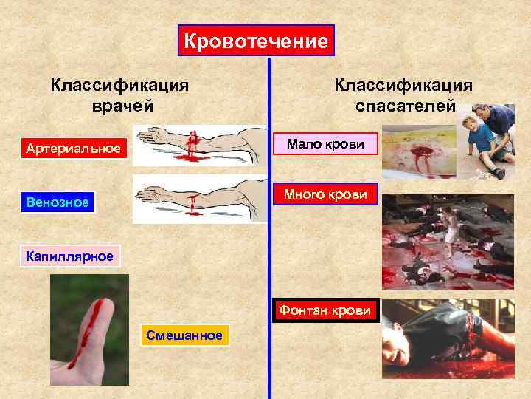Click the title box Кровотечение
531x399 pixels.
point(256,41)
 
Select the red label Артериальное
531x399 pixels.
point(72,149)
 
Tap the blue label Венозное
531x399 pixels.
point(57,202)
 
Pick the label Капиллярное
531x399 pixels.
point(69,256)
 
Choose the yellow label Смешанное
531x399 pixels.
point(184,335)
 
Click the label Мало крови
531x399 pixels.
point(325,143)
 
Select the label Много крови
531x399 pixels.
point(325,195)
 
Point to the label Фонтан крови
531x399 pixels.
point(324,310)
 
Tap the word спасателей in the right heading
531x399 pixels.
point(403,105)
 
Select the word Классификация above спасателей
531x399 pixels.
point(403,83)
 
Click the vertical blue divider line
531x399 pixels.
point(269,222)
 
